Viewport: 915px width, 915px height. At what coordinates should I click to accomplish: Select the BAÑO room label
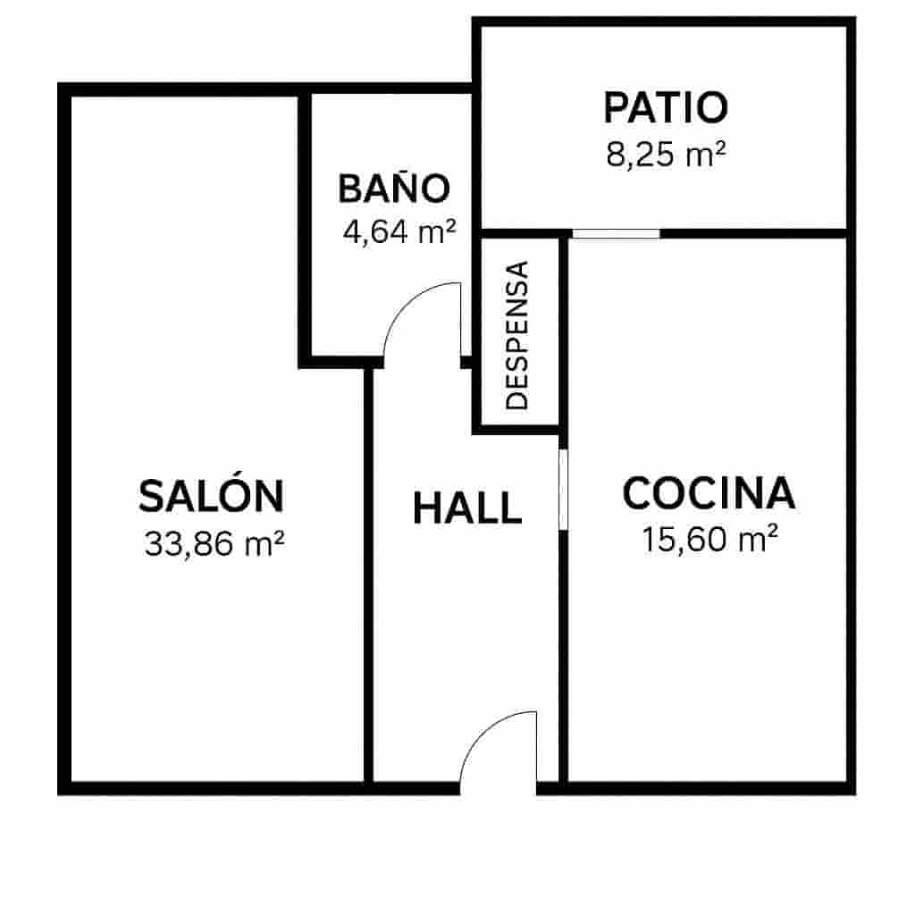click(393, 189)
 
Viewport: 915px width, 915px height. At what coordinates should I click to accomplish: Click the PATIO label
click(666, 107)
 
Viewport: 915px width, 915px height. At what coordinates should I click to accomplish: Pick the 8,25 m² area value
click(666, 155)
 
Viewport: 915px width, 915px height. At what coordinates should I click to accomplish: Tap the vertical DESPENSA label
click(517, 335)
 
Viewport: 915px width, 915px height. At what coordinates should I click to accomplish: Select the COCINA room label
click(709, 493)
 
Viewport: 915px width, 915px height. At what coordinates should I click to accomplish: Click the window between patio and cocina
click(616, 234)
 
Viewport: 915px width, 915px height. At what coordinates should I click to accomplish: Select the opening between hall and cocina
click(563, 490)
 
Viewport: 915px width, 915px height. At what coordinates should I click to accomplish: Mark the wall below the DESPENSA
click(516, 429)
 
